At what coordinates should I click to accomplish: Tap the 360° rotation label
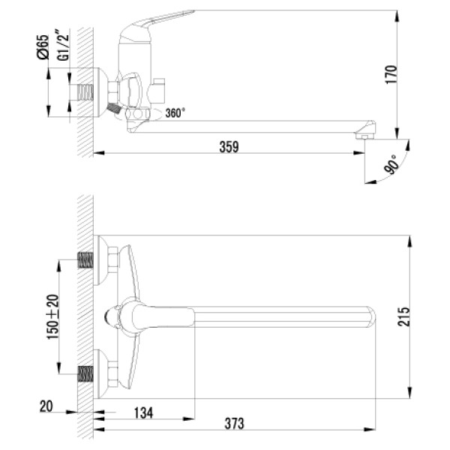point(175,113)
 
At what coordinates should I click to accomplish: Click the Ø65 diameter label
point(43,46)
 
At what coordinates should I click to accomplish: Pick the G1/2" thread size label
point(64,46)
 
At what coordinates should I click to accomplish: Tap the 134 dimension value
point(145,413)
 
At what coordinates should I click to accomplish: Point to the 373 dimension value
point(235,424)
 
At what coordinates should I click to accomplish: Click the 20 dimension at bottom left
point(46,407)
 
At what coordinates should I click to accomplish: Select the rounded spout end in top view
point(373,316)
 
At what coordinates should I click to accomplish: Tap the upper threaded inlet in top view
point(87,261)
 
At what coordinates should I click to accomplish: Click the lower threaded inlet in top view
point(87,372)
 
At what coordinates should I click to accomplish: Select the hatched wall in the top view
point(85,315)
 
